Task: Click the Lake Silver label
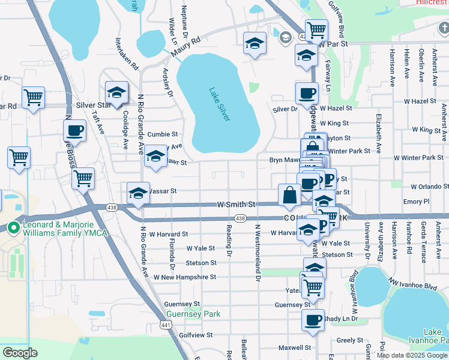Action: pos(220,104)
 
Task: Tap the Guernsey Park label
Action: pos(193,314)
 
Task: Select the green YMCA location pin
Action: pos(13,227)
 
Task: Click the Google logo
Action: pos(20,353)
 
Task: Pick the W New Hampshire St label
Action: pos(184,277)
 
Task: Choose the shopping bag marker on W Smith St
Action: pos(289,195)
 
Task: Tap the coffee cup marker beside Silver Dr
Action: pos(307,93)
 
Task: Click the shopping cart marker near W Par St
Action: pos(316,29)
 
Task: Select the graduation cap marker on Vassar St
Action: pos(139,193)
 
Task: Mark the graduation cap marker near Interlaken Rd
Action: pos(116,92)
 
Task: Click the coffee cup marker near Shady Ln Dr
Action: pos(313,320)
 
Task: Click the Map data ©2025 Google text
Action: pos(411,355)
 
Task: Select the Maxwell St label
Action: pos(294,347)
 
